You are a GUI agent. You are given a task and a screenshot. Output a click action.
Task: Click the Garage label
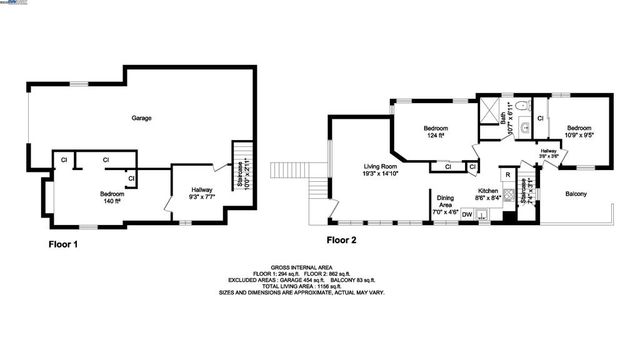click(142, 118)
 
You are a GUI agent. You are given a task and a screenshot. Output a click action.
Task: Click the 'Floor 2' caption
click(341, 240)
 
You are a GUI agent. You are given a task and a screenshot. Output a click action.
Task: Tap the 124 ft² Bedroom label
click(436, 134)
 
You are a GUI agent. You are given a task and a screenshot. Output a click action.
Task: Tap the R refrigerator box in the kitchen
click(508, 175)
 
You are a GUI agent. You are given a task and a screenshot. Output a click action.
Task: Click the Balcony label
click(576, 193)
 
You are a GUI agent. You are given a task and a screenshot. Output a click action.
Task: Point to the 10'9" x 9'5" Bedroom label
click(580, 133)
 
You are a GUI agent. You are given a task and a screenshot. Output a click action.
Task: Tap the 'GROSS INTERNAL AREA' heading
click(321, 268)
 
